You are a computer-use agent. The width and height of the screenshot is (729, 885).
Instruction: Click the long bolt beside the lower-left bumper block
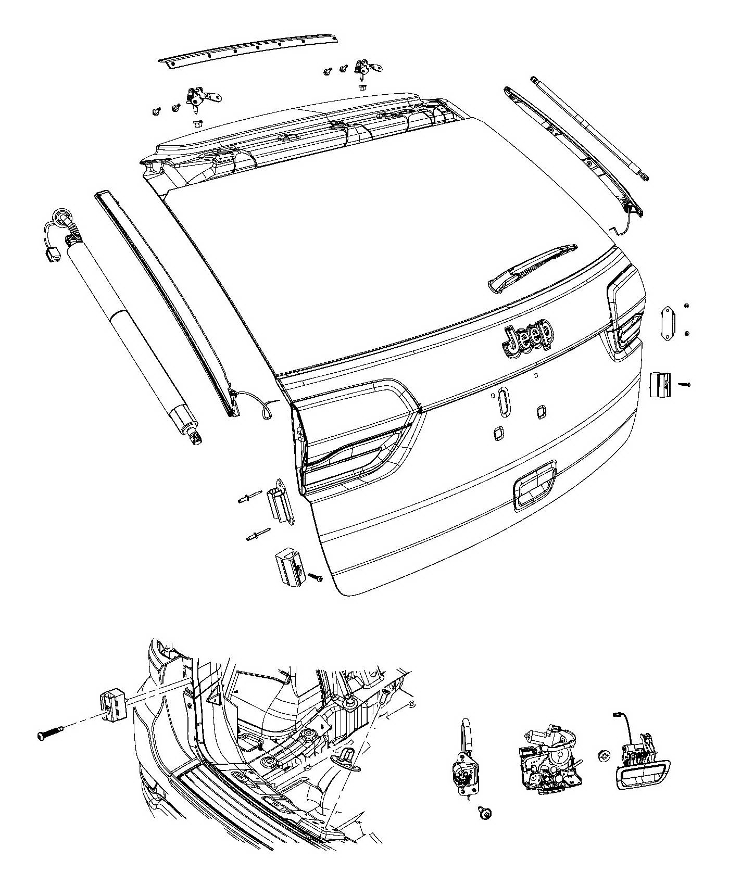[50, 735]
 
